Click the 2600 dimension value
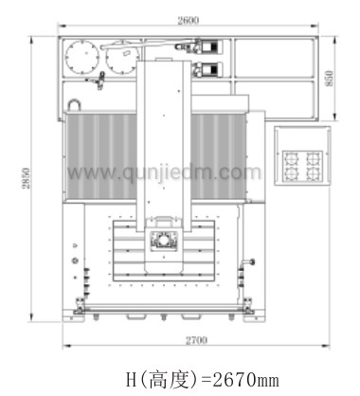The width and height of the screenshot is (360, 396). (189, 20)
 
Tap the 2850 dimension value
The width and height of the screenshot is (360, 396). (26, 178)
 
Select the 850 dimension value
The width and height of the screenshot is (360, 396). (329, 79)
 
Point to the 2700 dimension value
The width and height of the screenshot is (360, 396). (196, 340)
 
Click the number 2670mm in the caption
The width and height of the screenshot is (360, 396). (245, 379)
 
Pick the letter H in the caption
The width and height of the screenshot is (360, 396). (131, 379)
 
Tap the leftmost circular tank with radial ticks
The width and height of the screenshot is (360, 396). (82, 57)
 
